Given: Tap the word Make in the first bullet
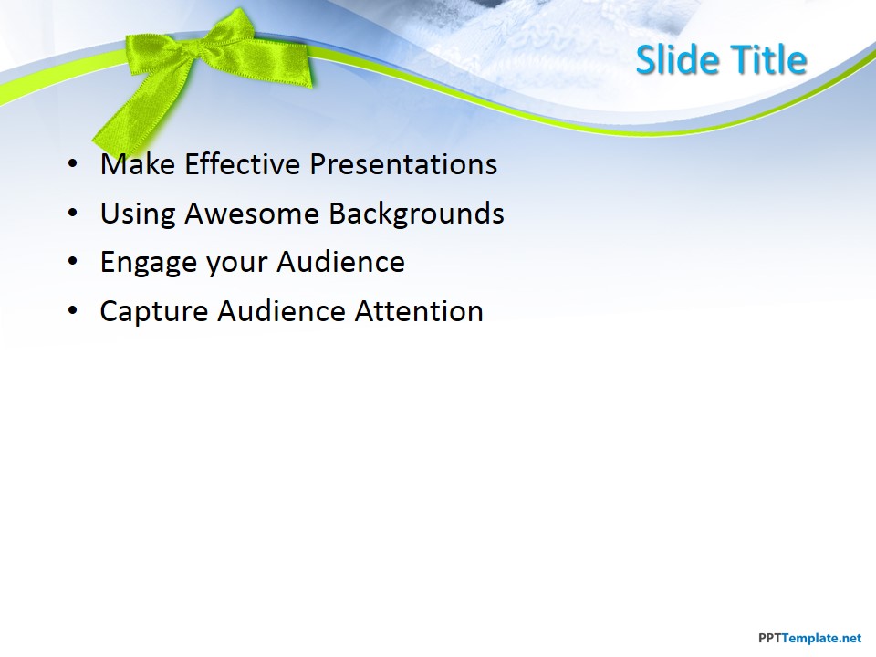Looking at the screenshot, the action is click(x=138, y=164).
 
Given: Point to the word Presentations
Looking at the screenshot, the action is click(x=403, y=164).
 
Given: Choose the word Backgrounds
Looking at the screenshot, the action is click(x=416, y=214).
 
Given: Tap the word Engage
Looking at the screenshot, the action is click(x=148, y=263).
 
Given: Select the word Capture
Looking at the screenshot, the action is click(x=153, y=312).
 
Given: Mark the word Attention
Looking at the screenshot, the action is click(x=419, y=311).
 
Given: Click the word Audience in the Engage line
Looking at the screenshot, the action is click(x=340, y=262).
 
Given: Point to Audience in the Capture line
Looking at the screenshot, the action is click(x=282, y=311).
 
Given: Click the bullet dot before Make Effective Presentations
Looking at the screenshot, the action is click(x=73, y=165).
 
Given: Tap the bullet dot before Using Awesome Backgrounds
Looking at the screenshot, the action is click(x=73, y=214).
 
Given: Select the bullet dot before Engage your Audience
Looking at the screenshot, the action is click(x=73, y=263).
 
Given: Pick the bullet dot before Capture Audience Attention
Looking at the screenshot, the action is click(x=73, y=312).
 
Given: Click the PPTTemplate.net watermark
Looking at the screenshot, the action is click(x=810, y=638).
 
